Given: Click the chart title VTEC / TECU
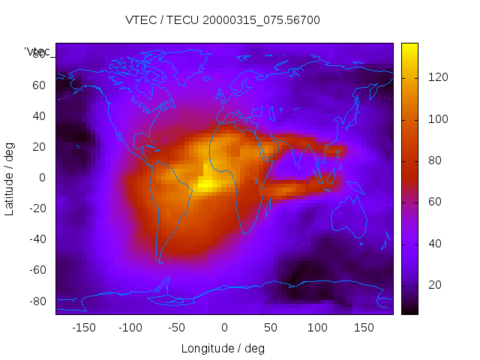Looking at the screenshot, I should pyautogui.click(x=223, y=20).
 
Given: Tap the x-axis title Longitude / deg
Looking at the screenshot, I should pyautogui.click(x=223, y=348).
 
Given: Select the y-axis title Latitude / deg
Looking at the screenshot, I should pyautogui.click(x=10, y=177).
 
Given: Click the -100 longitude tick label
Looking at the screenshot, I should pyautogui.click(x=130, y=327).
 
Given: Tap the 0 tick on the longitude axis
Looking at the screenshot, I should pyautogui.click(x=224, y=327).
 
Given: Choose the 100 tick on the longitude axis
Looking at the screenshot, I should pyautogui.click(x=318, y=327).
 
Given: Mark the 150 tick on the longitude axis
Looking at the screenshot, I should pyautogui.click(x=364, y=327).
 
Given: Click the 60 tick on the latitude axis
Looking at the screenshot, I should pyautogui.click(x=39, y=85).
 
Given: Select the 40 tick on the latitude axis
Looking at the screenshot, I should pyautogui.click(x=39, y=115).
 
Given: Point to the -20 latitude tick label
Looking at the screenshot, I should pyautogui.click(x=37, y=208).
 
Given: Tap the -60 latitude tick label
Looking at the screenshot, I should pyautogui.click(x=37, y=270).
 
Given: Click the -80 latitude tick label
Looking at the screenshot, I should pyautogui.click(x=37, y=301).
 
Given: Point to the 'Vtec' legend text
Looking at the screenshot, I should pyautogui.click(x=37, y=51).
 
